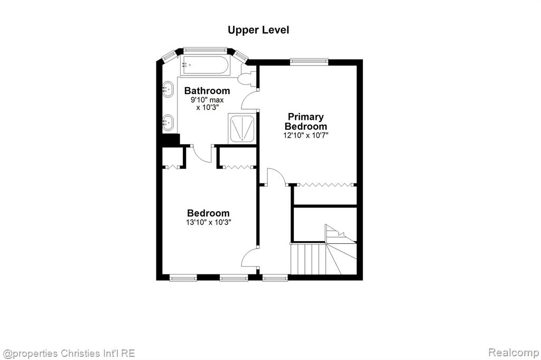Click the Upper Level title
pos(258,30)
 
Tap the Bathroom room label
pos(207,91)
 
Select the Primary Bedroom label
pos(306,121)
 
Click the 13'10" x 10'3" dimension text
pos(208,222)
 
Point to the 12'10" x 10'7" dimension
pos(306,136)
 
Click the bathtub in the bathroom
pos(204,65)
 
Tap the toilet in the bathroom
pos(247,77)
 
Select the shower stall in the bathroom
pos(242,129)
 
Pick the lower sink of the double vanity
pos(168,122)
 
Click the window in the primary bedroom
pos(309,62)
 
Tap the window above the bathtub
pos(205,50)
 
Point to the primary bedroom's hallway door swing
pos(277,175)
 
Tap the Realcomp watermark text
pos(514,353)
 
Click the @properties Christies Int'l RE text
pos(69,354)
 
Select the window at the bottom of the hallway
pos(275,277)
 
